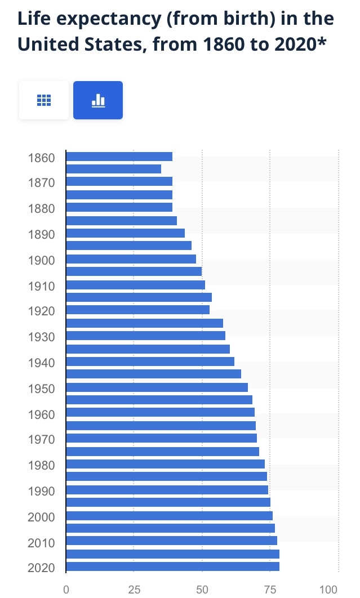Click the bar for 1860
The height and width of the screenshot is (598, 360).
(x=119, y=157)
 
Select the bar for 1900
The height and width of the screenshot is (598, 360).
(x=131, y=259)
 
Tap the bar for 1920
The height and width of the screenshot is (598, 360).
(x=137, y=310)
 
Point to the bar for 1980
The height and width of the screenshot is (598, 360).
(x=165, y=464)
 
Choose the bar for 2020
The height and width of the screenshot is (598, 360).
(x=172, y=566)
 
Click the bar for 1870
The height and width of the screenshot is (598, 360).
(x=119, y=181)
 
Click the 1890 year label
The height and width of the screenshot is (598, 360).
(x=41, y=234)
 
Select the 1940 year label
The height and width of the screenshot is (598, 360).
(x=41, y=363)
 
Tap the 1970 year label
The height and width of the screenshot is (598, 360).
(x=41, y=439)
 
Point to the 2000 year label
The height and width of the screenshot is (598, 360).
(x=41, y=517)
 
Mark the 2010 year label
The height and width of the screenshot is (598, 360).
(x=41, y=543)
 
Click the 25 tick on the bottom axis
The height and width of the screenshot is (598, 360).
(x=134, y=590)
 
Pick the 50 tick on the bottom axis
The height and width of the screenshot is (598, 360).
(x=202, y=590)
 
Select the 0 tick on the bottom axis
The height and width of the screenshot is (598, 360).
(x=66, y=590)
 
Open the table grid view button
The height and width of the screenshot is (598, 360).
(x=44, y=100)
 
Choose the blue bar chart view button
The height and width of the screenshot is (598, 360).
(x=98, y=100)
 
